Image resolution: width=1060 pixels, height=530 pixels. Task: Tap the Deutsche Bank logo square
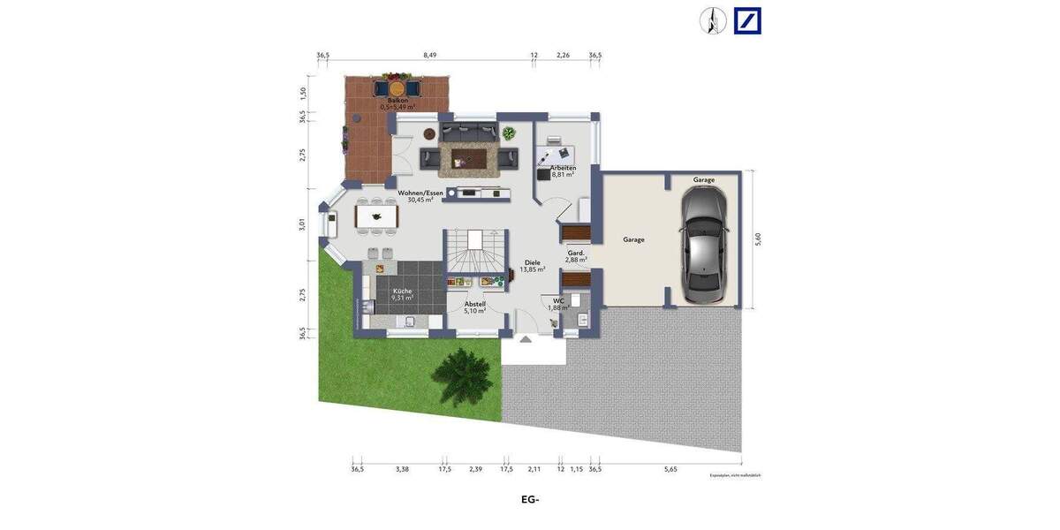(x=747, y=20)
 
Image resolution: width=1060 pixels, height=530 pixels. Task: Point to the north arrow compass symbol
(x=713, y=20)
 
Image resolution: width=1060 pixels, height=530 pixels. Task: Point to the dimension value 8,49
(x=429, y=55)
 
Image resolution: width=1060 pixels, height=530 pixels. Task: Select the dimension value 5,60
(x=757, y=238)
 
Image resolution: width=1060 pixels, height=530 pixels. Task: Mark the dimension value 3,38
(x=402, y=469)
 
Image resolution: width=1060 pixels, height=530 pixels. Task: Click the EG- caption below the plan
(x=530, y=500)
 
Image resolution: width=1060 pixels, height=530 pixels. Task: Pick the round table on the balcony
(x=397, y=87)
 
